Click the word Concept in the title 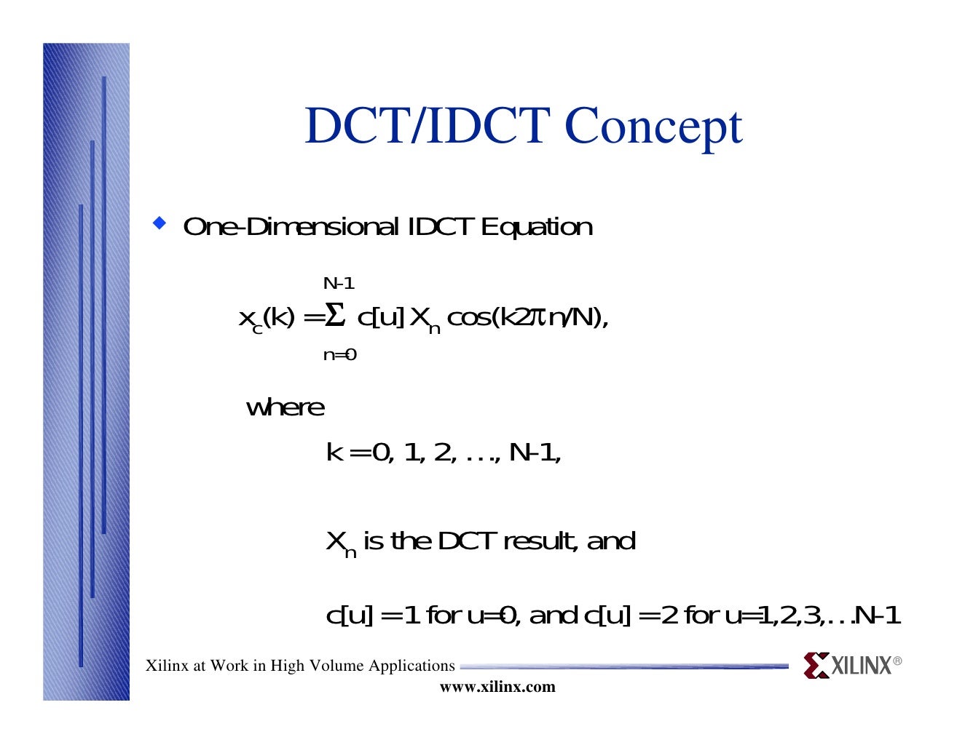(x=653, y=127)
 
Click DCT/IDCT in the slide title (x=427, y=126)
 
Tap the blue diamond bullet (x=159, y=222)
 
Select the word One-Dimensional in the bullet (x=291, y=227)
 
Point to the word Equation (x=537, y=227)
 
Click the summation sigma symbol (x=334, y=316)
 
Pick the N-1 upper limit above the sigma (x=339, y=284)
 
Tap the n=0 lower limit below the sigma (x=339, y=355)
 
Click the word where (x=285, y=407)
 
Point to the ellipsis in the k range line (x=479, y=454)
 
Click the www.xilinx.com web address (x=497, y=687)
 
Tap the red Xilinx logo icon (x=816, y=665)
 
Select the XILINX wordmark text (x=862, y=666)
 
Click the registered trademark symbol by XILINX (x=897, y=661)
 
